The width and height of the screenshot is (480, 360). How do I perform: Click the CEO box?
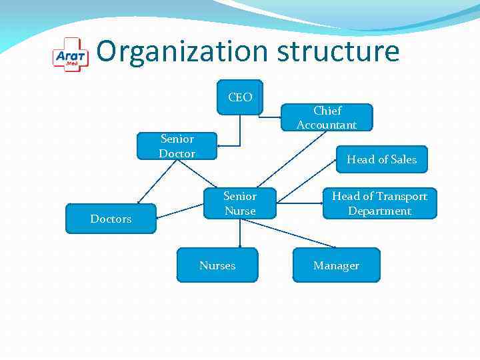(x=240, y=97)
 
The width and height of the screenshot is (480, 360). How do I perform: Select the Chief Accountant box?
(x=327, y=118)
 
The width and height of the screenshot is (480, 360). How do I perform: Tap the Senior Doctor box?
(x=177, y=147)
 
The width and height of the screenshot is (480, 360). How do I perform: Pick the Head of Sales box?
(x=381, y=159)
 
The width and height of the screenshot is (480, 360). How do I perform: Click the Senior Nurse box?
(x=240, y=203)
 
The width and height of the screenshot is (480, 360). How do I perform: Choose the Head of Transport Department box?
(x=379, y=203)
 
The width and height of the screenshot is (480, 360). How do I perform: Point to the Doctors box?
(x=111, y=219)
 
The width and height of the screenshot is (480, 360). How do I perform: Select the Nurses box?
(x=217, y=265)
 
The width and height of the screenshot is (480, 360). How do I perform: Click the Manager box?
(x=336, y=265)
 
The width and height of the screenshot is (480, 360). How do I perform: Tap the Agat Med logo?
(x=70, y=55)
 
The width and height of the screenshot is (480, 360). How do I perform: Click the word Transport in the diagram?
(x=403, y=196)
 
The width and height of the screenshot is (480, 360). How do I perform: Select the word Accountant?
(x=327, y=125)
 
